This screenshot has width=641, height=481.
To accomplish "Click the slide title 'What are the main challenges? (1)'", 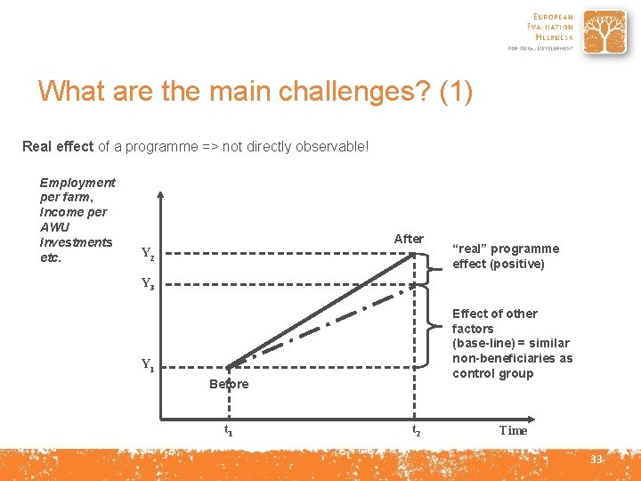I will click(256, 91).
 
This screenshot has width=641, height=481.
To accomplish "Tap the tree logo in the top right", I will click(605, 33).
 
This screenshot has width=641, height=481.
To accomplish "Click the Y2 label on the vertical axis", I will click(148, 254).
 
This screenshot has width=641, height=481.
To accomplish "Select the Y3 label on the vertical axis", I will click(148, 285).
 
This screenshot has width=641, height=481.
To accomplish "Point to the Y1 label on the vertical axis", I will click(148, 364).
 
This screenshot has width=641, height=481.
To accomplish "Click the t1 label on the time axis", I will click(228, 430).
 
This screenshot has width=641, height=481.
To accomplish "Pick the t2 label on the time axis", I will click(416, 430).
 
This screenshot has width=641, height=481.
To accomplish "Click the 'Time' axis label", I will click(513, 430).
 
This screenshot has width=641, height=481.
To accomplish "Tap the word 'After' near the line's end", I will click(409, 239).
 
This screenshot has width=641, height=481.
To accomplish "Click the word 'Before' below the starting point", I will click(229, 384).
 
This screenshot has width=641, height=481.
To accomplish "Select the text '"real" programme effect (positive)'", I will click(505, 256).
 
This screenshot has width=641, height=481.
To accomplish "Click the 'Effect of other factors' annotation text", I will click(512, 343).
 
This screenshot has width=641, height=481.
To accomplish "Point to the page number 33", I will click(596, 459).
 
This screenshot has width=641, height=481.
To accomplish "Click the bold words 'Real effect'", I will click(58, 146).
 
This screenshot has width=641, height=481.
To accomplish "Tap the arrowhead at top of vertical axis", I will click(159, 193).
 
